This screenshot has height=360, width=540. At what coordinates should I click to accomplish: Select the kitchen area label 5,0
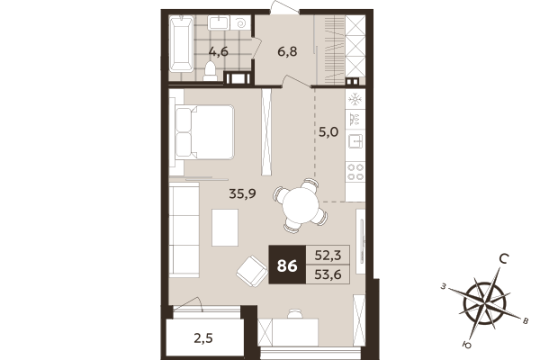point(328,132)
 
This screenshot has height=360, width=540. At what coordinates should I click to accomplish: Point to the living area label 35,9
point(243,192)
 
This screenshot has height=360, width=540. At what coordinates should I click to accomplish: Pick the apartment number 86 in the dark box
point(288,265)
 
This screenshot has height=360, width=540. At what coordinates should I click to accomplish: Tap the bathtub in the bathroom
point(179,45)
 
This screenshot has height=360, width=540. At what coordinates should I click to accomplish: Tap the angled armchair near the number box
point(249,269)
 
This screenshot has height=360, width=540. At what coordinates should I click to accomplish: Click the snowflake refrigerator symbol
point(355,98)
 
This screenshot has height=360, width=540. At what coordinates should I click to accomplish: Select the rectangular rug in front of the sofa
point(225,227)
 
